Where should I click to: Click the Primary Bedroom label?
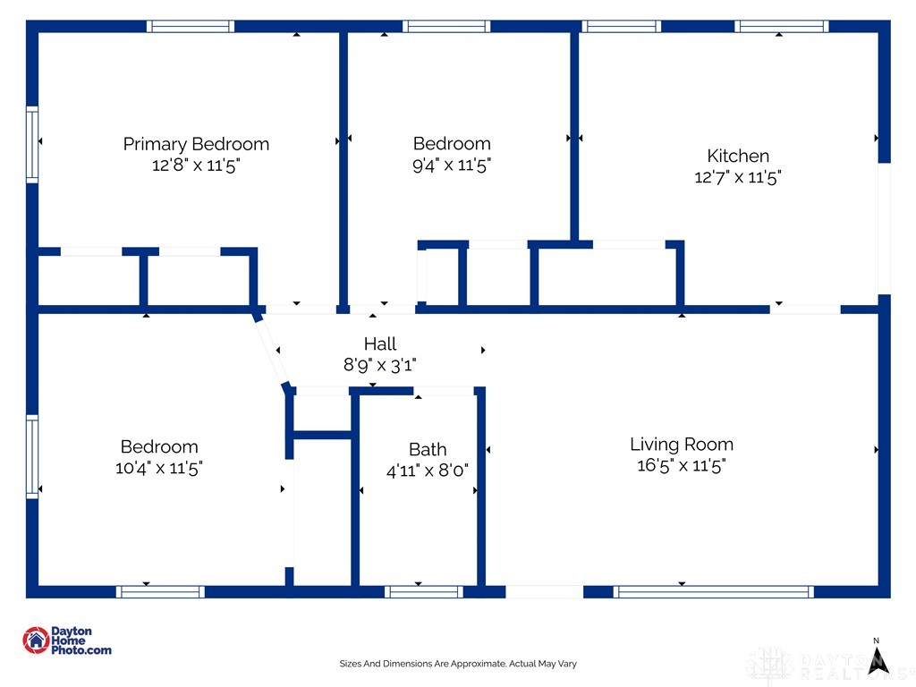[x=195, y=144]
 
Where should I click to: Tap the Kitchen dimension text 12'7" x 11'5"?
[x=738, y=177]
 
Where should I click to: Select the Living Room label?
[x=681, y=444]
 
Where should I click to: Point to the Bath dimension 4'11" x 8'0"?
[x=428, y=470]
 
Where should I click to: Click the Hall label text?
[x=379, y=343]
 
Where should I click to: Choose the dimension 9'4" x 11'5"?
[x=452, y=165]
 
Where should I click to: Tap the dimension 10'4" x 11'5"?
[x=159, y=468]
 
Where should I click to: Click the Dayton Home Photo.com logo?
[x=67, y=640]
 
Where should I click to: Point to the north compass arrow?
[x=878, y=657]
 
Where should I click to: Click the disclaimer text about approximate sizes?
[x=458, y=664]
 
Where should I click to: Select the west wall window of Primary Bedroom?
[x=32, y=144]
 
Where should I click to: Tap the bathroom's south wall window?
[x=423, y=591]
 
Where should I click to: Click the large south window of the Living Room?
[x=713, y=591]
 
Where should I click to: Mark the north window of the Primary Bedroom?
[x=191, y=26]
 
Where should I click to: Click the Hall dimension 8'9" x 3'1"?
[x=379, y=365]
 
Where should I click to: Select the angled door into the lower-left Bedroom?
[x=272, y=351]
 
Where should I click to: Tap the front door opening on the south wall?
[x=544, y=591]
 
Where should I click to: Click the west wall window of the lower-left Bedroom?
[x=32, y=455]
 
